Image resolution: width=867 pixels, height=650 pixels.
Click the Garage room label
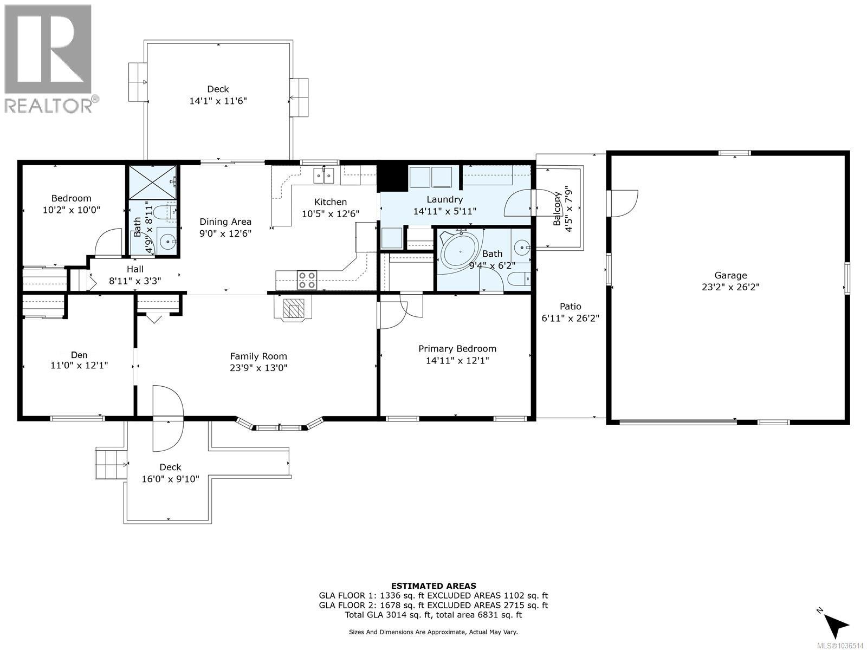730,276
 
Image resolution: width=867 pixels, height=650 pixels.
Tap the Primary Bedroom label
457,349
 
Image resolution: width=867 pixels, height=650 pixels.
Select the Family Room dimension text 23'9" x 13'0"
258,368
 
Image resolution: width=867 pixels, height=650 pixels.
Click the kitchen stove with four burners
307,280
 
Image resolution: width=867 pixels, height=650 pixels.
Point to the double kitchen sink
324,175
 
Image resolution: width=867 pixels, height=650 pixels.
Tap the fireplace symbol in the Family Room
293,308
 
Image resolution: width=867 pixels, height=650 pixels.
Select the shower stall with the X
152,183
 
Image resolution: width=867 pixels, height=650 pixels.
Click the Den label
79,355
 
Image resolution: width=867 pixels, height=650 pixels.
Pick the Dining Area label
225,222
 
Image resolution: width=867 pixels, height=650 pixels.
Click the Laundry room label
445,200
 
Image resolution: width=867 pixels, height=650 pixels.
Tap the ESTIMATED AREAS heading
433,586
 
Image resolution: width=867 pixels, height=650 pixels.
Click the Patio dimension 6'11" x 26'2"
571,318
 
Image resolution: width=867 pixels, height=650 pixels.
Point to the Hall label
135,269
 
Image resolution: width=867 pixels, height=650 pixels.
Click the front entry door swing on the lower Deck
169,418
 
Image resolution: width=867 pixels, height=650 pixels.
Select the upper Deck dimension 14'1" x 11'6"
218,101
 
